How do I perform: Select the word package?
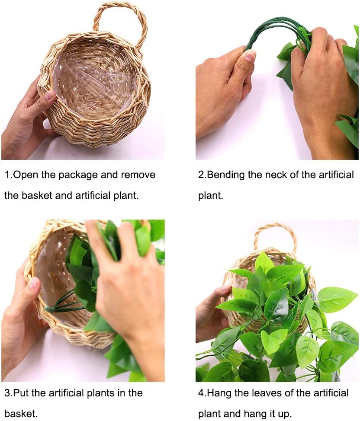coord(76,175)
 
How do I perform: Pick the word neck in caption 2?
coord(278,175)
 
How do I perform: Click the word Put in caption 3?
coord(20,393)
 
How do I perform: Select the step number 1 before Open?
coord(7,175)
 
